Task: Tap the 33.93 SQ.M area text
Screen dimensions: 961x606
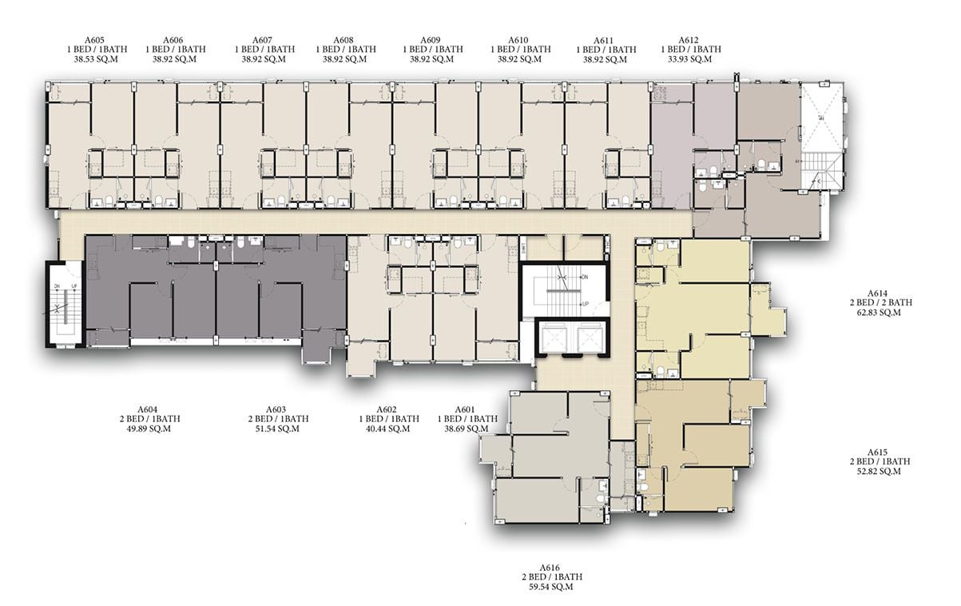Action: [689, 59]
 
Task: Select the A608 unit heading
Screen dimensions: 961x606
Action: [343, 40]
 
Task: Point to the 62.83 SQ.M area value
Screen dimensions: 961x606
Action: [879, 313]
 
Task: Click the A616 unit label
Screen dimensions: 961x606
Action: [550, 568]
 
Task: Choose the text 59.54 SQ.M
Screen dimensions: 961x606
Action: [551, 587]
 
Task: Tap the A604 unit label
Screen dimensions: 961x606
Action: [147, 409]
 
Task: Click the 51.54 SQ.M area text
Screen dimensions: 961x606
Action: [277, 429]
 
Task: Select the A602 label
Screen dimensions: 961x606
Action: [387, 409]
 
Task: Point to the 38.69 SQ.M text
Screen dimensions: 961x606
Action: [467, 429]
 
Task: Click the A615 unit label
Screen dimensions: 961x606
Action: [877, 453]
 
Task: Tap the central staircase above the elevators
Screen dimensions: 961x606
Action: [564, 290]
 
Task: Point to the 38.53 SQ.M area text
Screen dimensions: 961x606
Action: [96, 59]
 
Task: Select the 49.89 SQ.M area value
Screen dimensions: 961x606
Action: [149, 429]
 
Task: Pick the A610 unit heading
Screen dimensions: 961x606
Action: [518, 40]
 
